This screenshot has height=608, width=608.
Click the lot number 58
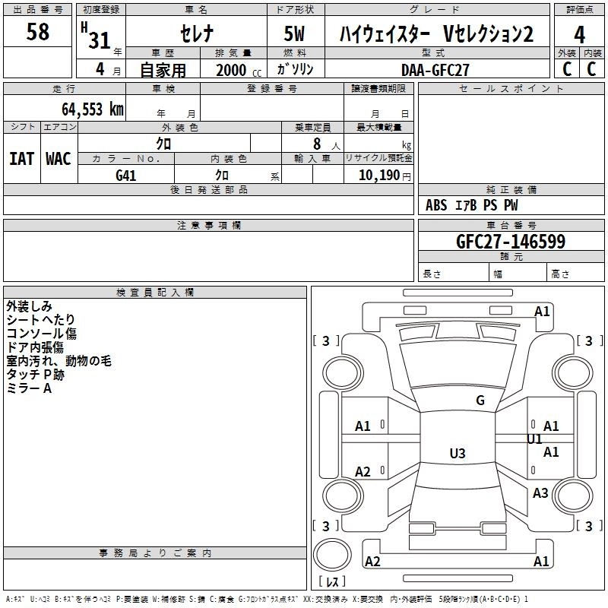click(x=37, y=31)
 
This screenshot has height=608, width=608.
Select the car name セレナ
click(x=197, y=33)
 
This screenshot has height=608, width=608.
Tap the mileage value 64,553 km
click(x=93, y=109)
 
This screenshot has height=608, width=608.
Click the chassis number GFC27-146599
click(x=511, y=242)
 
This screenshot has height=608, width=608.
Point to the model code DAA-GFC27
click(x=435, y=70)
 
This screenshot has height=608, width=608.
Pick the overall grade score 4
click(x=579, y=34)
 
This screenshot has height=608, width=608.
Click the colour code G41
click(x=125, y=176)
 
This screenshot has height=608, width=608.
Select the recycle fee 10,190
click(x=378, y=176)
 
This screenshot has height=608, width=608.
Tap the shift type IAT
click(x=21, y=159)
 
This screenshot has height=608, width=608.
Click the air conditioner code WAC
click(x=59, y=159)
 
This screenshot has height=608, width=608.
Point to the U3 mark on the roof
click(x=458, y=453)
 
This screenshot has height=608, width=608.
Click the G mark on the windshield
click(x=480, y=401)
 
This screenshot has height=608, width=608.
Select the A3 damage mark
click(x=540, y=492)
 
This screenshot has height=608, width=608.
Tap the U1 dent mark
click(x=534, y=439)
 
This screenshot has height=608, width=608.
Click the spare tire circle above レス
click(x=332, y=555)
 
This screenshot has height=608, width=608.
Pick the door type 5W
click(x=295, y=33)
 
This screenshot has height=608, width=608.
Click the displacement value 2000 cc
click(x=239, y=71)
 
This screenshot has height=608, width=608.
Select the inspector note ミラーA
click(x=29, y=388)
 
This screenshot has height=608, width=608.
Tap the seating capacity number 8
click(x=317, y=144)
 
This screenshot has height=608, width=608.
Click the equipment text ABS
click(x=436, y=205)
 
